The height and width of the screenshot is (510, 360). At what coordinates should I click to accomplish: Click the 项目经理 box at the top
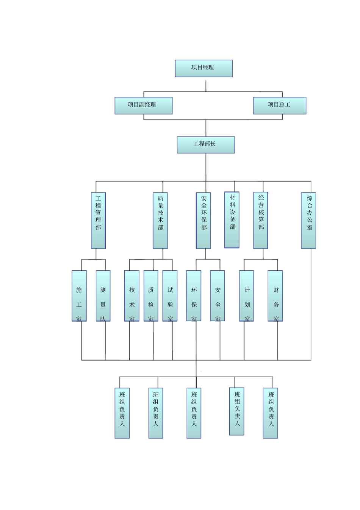[x=203, y=68]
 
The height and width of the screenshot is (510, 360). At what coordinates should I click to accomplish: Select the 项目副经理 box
[x=143, y=105]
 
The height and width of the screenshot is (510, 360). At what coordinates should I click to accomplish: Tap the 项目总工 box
[x=279, y=105]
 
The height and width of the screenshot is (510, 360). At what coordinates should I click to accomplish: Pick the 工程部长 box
[x=205, y=145]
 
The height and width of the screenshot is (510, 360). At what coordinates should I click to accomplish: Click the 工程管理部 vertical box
[x=98, y=220]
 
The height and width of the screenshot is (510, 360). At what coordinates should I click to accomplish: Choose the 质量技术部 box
[x=160, y=220]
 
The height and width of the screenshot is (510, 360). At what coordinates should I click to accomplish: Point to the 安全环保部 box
[x=203, y=220]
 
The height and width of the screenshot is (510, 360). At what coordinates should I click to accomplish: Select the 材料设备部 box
[x=232, y=220]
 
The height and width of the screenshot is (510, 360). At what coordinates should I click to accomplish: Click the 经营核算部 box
[x=261, y=220]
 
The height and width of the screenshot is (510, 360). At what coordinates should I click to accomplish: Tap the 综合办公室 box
[x=308, y=220]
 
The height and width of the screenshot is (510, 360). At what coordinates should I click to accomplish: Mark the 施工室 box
[x=79, y=296]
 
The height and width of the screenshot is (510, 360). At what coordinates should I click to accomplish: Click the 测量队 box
[x=103, y=296]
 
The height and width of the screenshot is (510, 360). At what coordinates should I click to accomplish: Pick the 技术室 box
[x=131, y=296]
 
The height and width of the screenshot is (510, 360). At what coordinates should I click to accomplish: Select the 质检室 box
[x=151, y=296]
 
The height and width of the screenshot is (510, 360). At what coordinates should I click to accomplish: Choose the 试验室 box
[x=170, y=296]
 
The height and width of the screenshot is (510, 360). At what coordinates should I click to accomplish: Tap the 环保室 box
[x=194, y=296]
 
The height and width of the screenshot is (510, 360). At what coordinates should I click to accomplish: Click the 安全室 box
[x=218, y=296]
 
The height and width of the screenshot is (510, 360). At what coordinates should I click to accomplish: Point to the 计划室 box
[x=246, y=296]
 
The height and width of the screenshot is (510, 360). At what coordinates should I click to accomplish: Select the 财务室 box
[x=275, y=296]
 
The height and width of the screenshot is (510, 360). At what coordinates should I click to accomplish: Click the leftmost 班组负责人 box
[x=122, y=413]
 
